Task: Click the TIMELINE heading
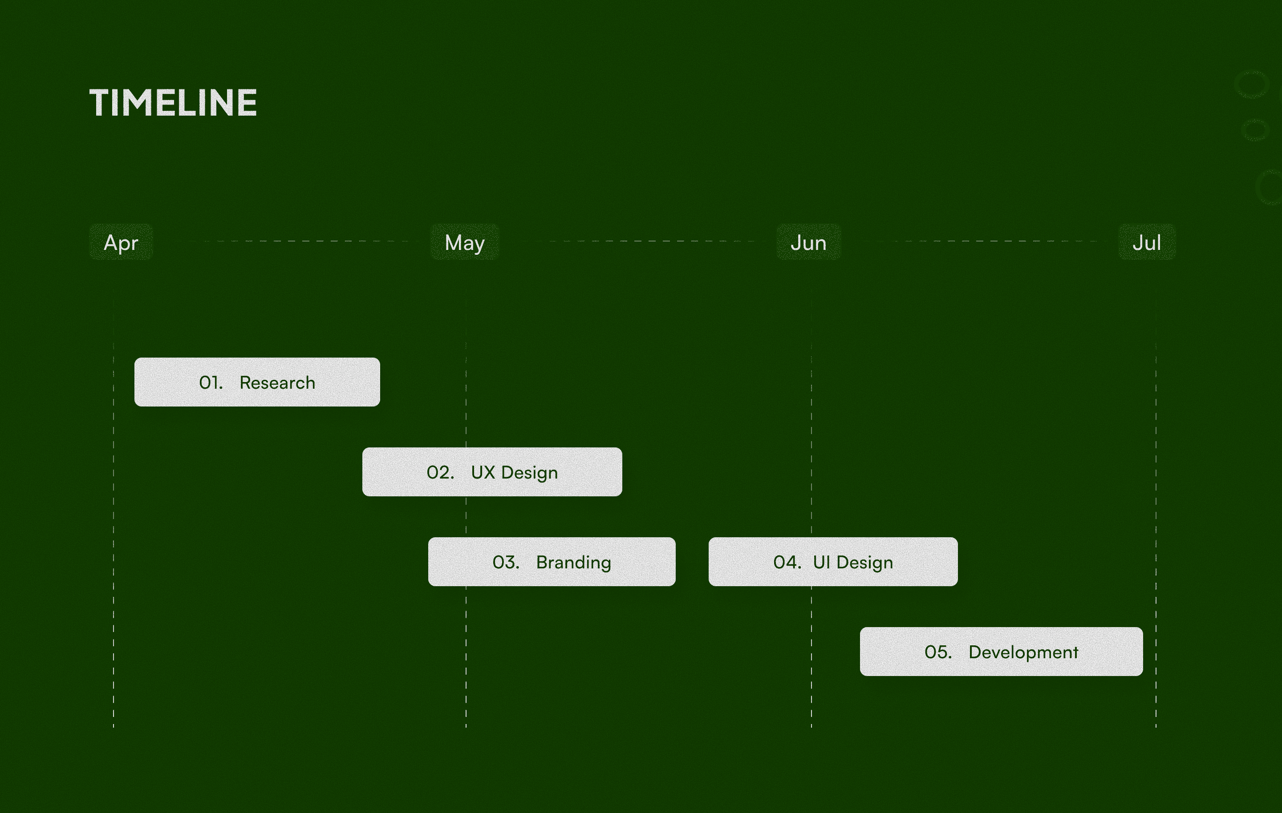point(173,103)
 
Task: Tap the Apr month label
point(121,243)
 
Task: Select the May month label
point(464,243)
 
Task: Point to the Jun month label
point(808,243)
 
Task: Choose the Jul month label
point(1147,243)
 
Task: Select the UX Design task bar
point(492,472)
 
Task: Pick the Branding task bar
point(552,562)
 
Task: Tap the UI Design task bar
point(833,562)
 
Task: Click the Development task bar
point(1001,652)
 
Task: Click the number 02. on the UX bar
point(440,472)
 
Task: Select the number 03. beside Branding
point(506,563)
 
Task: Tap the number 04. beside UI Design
point(787,563)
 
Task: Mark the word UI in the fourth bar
point(821,563)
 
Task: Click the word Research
point(277,382)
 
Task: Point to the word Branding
point(573,563)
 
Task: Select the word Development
point(1023,653)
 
